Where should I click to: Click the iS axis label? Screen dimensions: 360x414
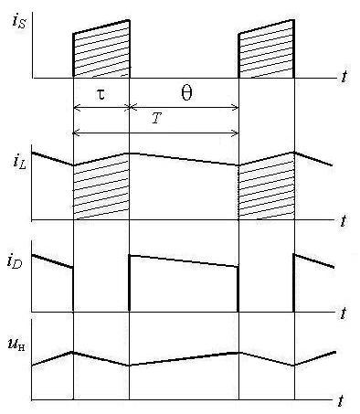tap(19, 23)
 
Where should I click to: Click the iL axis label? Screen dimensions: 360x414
tap(20, 162)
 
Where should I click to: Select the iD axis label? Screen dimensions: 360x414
tap(16, 262)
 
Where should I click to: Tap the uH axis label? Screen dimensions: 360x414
tap(17, 345)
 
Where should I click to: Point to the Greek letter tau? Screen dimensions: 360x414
tap(101, 94)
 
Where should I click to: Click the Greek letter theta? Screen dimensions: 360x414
tap(186, 93)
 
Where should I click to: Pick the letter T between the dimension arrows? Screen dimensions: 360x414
tap(156, 118)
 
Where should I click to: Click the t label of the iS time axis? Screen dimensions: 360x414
tap(344, 77)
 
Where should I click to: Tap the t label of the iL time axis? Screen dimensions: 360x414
tap(344, 220)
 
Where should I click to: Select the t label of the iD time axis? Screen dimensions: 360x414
tap(344, 313)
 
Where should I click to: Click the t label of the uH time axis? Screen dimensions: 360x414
tap(342, 400)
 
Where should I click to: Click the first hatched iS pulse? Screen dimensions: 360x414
tap(101, 52)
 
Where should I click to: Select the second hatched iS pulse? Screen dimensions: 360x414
tap(266, 52)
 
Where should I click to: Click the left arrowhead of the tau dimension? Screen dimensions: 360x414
tap(76, 107)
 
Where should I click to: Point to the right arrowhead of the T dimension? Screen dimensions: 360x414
tap(236, 133)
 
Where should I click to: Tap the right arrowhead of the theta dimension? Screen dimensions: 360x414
tap(236, 107)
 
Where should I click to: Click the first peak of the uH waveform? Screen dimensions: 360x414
tap(73, 352)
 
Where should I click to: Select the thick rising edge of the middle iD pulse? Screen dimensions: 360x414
tap(130, 282)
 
